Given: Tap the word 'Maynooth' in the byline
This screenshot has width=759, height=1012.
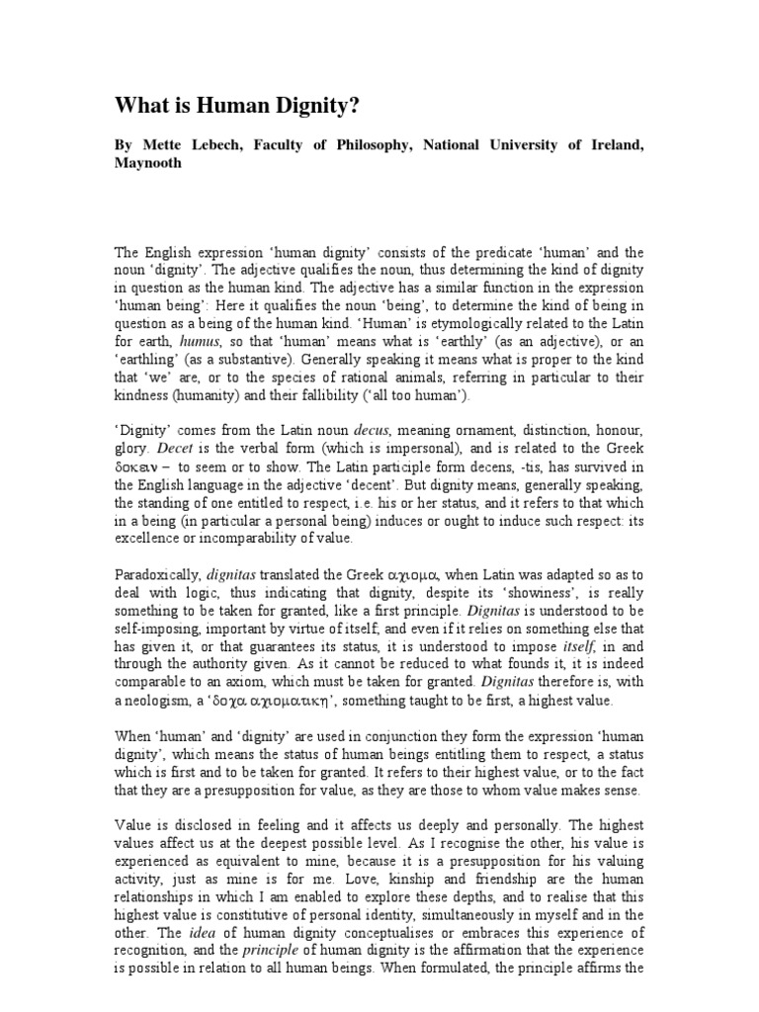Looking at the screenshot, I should point(148,164).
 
